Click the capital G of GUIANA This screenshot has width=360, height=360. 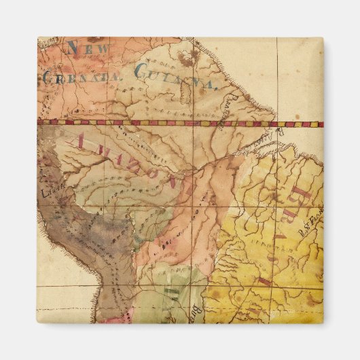(142, 71)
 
